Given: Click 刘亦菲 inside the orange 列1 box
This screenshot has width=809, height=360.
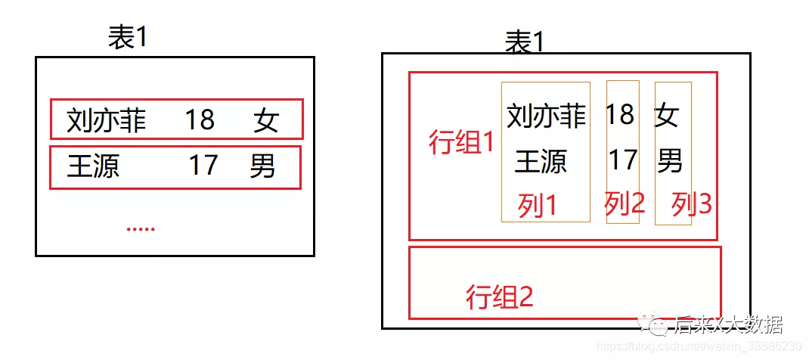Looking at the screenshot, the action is (x=546, y=116).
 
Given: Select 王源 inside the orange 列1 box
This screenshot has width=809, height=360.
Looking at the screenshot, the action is (x=541, y=161).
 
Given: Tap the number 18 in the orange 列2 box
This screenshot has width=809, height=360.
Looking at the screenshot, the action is (x=620, y=114).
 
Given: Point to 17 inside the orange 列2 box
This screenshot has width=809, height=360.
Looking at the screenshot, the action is (x=623, y=160).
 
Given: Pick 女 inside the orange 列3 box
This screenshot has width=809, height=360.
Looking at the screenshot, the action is (x=667, y=116).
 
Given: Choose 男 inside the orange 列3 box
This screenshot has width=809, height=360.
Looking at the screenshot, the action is (x=670, y=160).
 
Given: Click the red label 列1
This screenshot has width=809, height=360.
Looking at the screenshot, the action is (x=538, y=205).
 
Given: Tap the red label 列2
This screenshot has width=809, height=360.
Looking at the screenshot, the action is (x=625, y=203).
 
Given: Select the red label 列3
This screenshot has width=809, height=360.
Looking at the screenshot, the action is (x=692, y=203).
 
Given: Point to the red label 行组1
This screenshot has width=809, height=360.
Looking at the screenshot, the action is (x=461, y=142).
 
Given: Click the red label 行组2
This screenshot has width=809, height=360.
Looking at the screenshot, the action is (x=499, y=296).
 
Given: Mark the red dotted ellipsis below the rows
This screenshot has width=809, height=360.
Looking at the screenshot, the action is (x=140, y=227).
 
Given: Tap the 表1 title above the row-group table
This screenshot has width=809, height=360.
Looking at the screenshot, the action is (x=524, y=42).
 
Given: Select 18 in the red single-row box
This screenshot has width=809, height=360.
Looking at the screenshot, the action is (x=200, y=119).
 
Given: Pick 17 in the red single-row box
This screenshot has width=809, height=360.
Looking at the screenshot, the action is (x=203, y=165).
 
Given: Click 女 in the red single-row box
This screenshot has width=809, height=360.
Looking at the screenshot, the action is (x=266, y=120).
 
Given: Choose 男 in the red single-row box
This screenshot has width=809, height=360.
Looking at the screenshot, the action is (x=262, y=166).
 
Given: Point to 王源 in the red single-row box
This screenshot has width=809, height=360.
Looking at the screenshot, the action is (x=93, y=166).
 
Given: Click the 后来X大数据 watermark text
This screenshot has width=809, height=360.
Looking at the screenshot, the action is (x=727, y=325).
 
